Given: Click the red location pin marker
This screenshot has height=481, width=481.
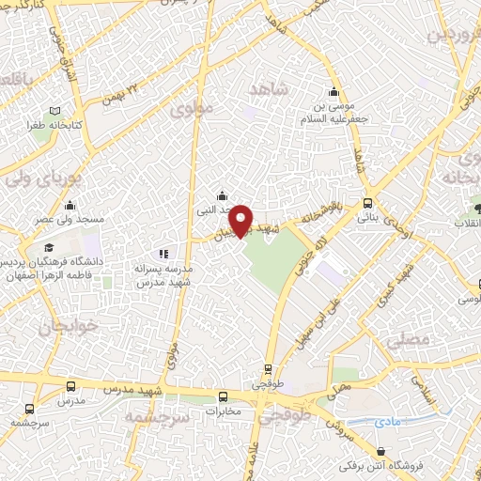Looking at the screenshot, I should tap(240, 219).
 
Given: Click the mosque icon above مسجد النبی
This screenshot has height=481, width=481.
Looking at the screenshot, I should tap(221, 194).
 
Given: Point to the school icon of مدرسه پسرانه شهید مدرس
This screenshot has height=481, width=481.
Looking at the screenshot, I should tap(164, 253).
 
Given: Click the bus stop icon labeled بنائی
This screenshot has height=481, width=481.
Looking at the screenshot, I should tap(367, 203).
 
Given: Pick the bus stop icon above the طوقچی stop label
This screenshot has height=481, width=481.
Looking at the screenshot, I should tap(269, 369).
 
